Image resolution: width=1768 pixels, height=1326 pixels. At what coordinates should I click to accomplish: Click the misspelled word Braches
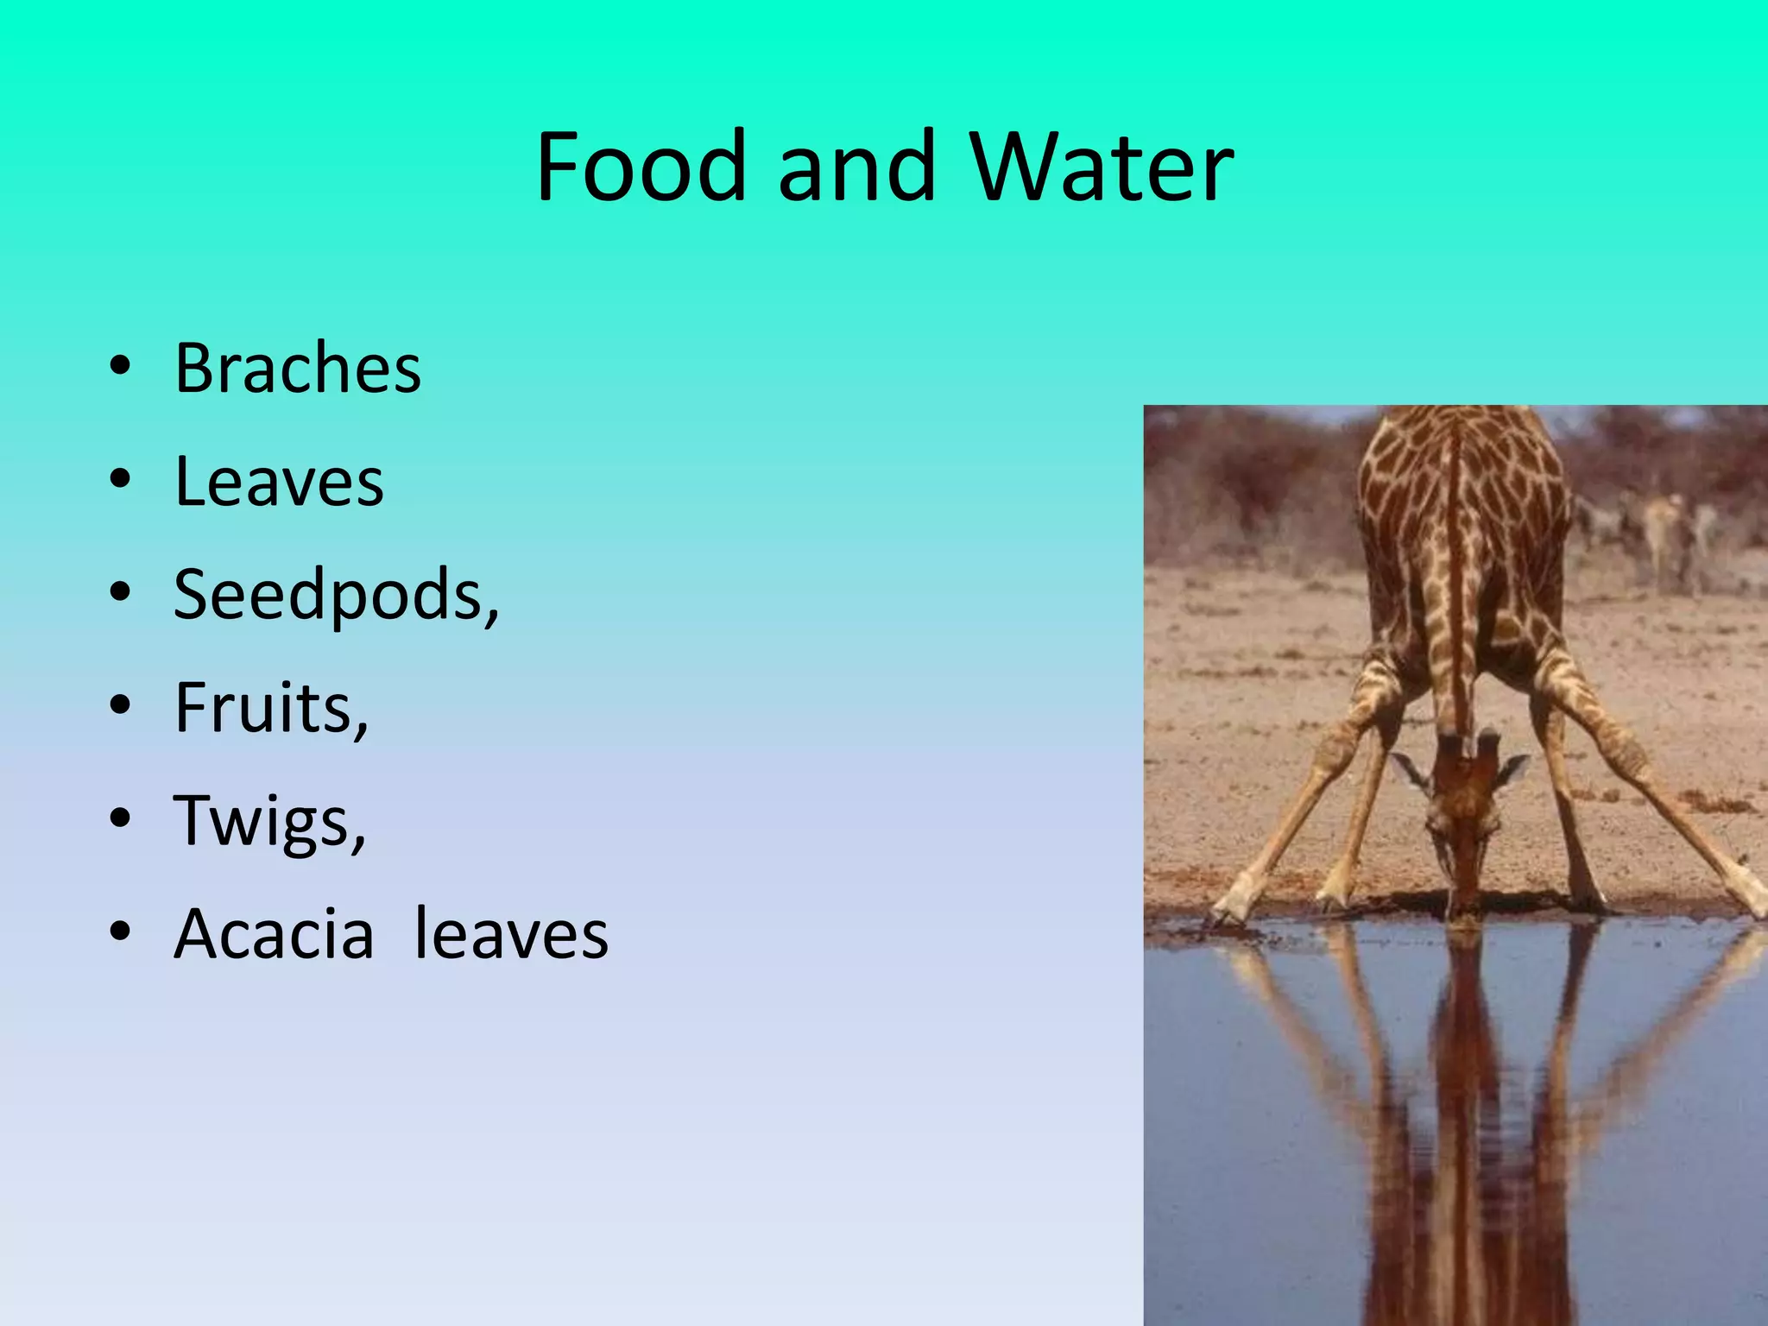(298, 369)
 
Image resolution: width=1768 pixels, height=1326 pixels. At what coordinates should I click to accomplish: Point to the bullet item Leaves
(279, 482)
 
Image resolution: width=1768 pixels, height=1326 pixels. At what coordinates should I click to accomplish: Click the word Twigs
(263, 821)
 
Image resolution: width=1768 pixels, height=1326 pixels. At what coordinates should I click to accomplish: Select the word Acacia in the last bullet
(275, 934)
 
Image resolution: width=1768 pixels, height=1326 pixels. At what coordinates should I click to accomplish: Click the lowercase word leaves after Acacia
(511, 934)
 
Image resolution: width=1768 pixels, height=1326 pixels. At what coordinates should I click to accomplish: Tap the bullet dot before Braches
(120, 366)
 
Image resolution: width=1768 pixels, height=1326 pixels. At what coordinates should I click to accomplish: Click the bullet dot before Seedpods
(120, 593)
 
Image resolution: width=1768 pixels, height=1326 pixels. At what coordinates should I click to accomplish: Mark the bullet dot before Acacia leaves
(120, 932)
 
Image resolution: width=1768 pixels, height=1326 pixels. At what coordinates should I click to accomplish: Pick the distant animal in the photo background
(1662, 527)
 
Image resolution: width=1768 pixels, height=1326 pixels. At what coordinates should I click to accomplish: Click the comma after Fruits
(360, 725)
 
